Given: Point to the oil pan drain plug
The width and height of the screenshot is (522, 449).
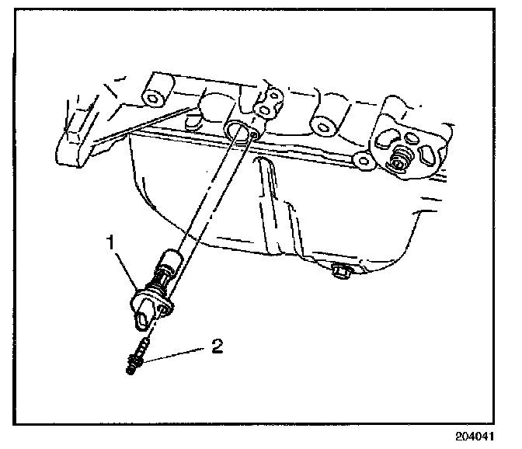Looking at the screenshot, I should coord(339,272).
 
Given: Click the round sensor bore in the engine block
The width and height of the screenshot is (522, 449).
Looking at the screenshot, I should coord(238,130).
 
